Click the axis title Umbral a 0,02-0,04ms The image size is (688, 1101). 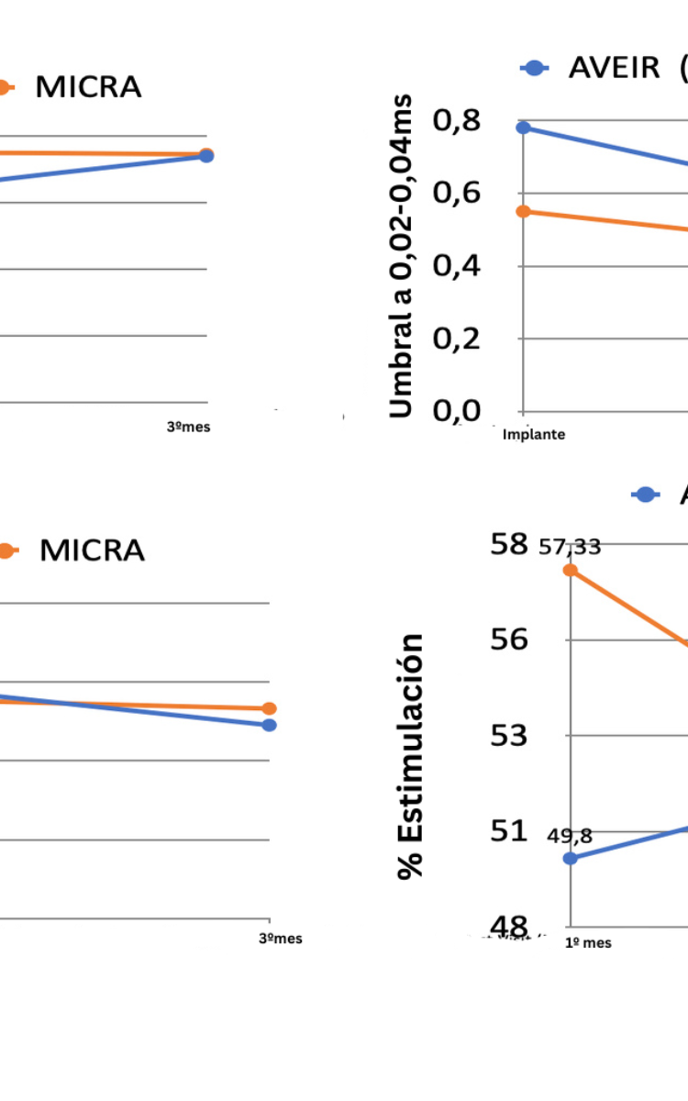[x=402, y=256]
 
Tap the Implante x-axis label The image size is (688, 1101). [x=534, y=435]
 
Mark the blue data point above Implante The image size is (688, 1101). [x=523, y=128]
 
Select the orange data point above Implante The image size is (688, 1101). [x=523, y=212]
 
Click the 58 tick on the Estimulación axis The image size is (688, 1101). [x=509, y=543]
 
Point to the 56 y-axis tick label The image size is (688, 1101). [x=509, y=639]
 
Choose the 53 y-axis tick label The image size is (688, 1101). [x=509, y=736]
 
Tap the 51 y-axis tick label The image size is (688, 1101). [x=509, y=831]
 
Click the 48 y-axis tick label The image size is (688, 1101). [x=509, y=927]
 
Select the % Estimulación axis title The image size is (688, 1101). [x=412, y=755]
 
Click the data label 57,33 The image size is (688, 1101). [x=570, y=548]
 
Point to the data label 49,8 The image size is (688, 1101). [x=570, y=836]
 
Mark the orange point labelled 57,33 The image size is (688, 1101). [x=570, y=570]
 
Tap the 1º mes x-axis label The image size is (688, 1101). [x=588, y=942]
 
